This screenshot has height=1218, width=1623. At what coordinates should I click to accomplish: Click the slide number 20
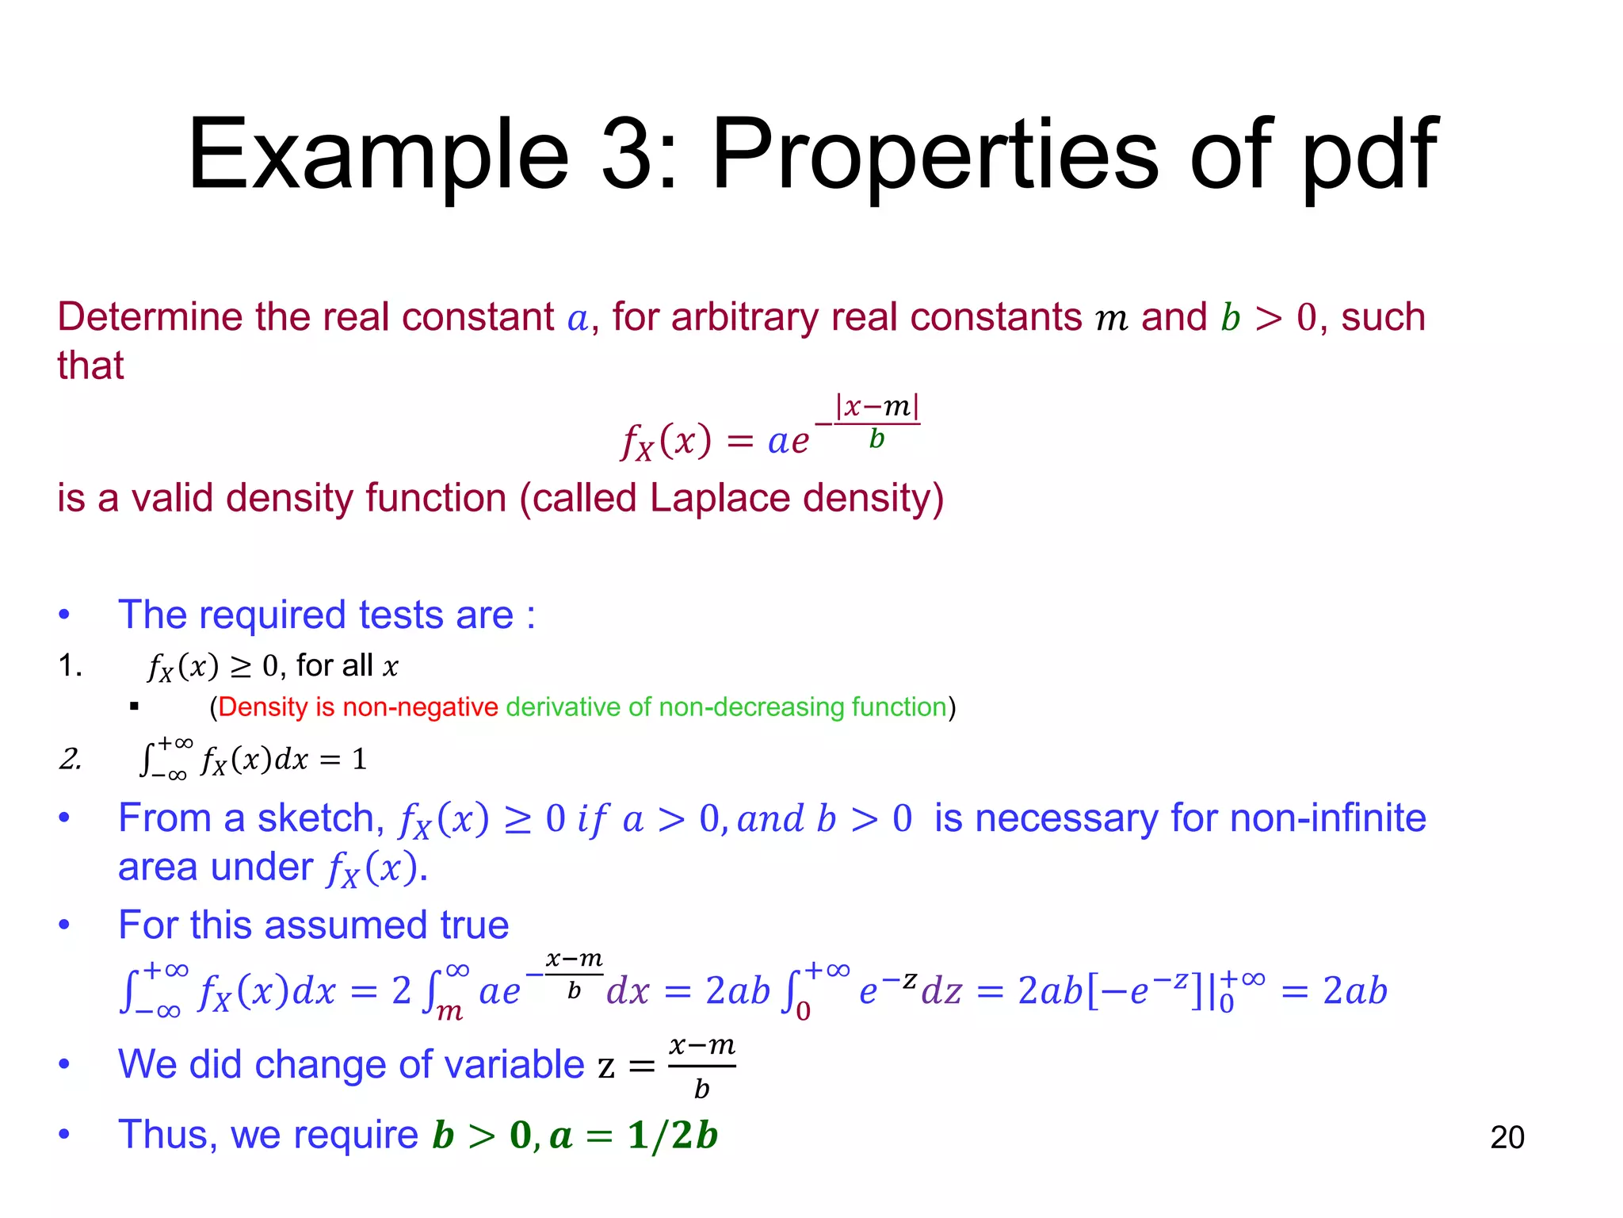click(1507, 1137)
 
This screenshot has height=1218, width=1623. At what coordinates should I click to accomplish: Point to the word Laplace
click(720, 499)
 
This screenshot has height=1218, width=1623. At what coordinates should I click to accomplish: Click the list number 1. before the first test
click(71, 665)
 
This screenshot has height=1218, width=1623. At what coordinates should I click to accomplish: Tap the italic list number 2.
click(71, 759)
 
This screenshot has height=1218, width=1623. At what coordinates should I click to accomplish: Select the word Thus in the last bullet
click(166, 1135)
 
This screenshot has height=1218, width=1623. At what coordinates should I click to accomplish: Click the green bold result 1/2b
click(672, 1136)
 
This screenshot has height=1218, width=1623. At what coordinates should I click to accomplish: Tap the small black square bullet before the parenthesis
click(134, 706)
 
